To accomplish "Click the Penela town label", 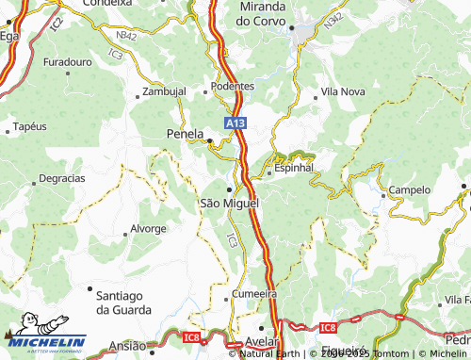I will [185, 133].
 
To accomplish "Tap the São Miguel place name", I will [228, 203].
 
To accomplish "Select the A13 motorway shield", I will [235, 123].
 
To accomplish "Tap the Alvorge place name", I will [148, 229].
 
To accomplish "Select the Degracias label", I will [61, 178].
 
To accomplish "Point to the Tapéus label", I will [29, 126].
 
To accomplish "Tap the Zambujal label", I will [164, 91].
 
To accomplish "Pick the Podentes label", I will [233, 86].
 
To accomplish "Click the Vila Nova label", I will [343, 92].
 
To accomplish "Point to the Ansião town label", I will [127, 346].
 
